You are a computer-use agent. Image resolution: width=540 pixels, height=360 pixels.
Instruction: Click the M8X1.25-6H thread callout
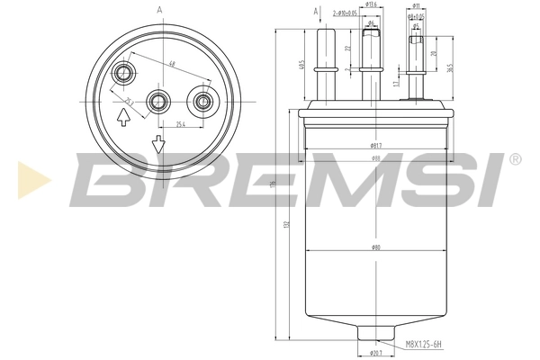click(x=424, y=343)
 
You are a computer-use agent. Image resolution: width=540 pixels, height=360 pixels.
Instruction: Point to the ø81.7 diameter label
click(x=375, y=145)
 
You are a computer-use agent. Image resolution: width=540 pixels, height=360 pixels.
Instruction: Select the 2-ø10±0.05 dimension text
click(x=346, y=13)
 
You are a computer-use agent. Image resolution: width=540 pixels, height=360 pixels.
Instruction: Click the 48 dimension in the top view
click(x=171, y=64)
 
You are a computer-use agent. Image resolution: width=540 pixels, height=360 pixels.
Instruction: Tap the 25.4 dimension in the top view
click(x=181, y=124)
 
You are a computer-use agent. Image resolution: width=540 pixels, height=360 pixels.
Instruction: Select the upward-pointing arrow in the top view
click(x=122, y=118)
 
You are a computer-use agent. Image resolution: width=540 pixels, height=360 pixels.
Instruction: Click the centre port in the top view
click(x=160, y=101)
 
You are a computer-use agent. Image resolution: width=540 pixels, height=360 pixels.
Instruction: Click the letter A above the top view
click(x=159, y=9)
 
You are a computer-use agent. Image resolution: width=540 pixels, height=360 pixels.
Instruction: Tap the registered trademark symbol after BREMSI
click(x=514, y=159)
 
